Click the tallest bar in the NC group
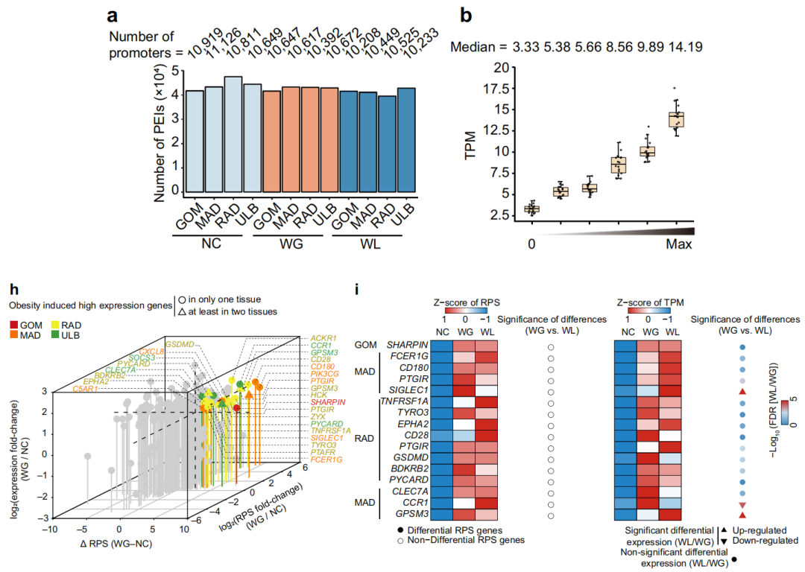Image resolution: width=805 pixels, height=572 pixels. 212,134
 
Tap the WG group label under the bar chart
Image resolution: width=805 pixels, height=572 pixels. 291,245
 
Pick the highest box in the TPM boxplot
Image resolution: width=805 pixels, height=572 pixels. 677,119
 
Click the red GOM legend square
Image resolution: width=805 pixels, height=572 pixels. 14,325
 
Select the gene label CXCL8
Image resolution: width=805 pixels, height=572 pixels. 151,349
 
